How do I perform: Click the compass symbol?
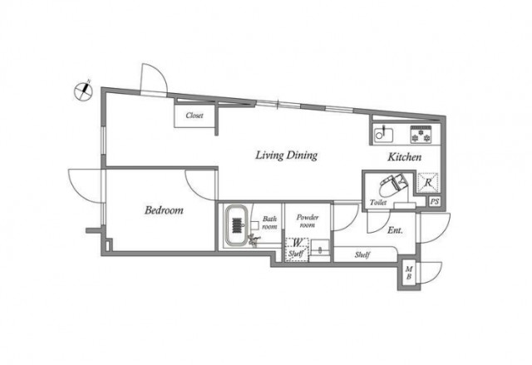(83, 91)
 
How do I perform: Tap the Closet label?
(195, 116)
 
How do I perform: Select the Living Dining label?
(286, 155)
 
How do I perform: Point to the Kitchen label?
(405, 156)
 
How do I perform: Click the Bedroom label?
(164, 210)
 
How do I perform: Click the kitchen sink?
(383, 135)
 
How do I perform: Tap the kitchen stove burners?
(421, 135)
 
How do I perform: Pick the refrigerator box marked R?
(428, 183)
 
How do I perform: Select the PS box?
(434, 201)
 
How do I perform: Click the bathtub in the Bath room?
(237, 224)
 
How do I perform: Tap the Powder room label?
(308, 221)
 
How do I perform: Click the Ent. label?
(395, 230)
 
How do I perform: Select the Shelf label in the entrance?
(362, 254)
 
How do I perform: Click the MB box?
(409, 273)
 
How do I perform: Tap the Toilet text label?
(378, 203)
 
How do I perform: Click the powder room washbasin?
(320, 248)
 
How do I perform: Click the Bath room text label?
(269, 223)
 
